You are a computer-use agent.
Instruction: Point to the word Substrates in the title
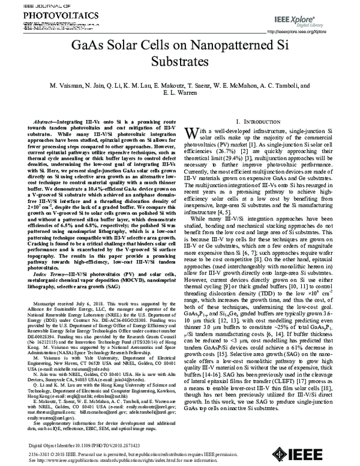180,61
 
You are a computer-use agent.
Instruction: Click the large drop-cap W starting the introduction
191,133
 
